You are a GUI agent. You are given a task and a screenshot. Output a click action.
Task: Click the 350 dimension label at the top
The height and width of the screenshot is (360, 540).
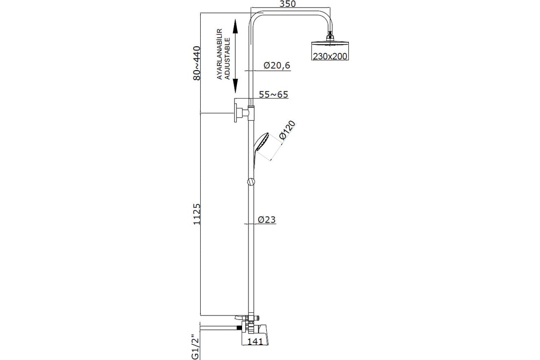pyautogui.click(x=288, y=4)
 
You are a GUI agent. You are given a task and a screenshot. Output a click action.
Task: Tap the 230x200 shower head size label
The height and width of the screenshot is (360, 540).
pyautogui.click(x=330, y=56)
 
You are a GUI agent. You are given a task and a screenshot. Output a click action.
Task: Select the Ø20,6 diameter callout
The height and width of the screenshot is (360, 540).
pyautogui.click(x=277, y=65)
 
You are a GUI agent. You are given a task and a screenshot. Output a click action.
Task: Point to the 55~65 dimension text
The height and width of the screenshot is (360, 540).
pyautogui.click(x=274, y=94)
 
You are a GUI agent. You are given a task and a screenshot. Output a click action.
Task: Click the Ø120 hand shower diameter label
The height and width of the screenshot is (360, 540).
pyautogui.click(x=287, y=130)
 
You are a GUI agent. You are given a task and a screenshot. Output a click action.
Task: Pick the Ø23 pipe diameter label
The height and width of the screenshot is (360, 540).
pyautogui.click(x=266, y=220)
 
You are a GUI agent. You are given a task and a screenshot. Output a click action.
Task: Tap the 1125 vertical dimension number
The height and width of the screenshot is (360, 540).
pyautogui.click(x=197, y=214)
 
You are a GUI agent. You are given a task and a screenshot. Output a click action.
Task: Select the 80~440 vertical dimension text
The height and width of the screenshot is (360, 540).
pyautogui.click(x=197, y=63)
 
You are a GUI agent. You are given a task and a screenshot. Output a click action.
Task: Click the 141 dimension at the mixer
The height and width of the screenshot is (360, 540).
pyautogui.click(x=255, y=341)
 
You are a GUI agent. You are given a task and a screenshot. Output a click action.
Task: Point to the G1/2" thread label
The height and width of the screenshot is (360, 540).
pyautogui.click(x=196, y=347)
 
